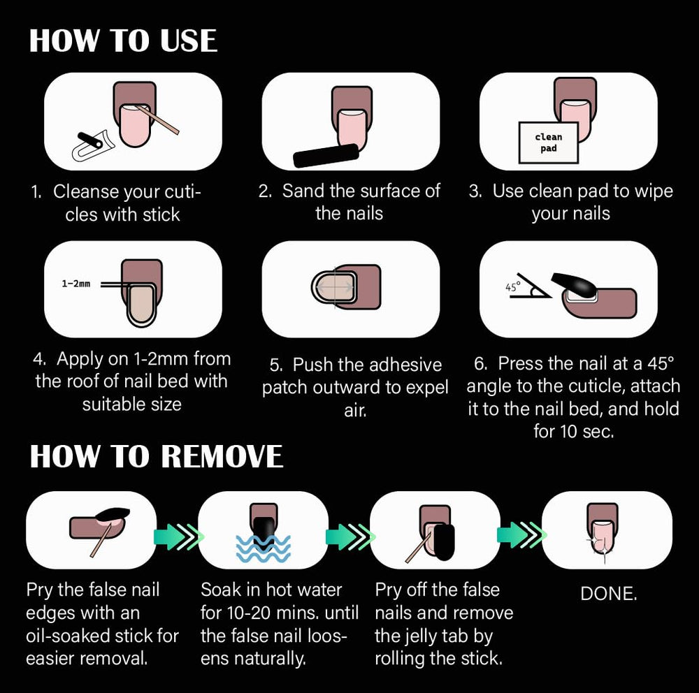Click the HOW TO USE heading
123,41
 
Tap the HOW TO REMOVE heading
156,456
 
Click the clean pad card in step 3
548,143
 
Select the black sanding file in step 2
326,156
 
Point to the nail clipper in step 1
94,145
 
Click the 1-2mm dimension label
75,284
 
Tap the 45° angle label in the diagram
512,287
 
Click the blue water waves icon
263,548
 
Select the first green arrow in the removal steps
178,536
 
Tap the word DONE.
609,594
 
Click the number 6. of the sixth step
481,364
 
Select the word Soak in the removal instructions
221,590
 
